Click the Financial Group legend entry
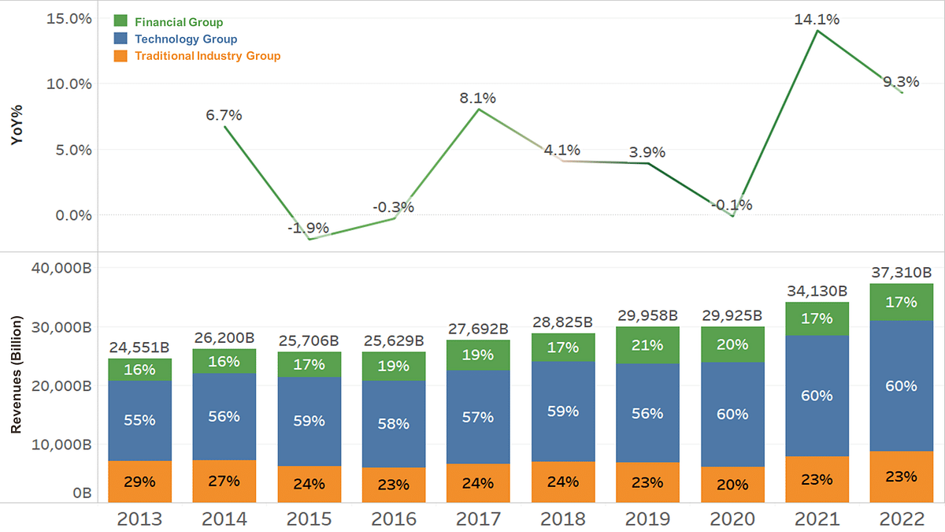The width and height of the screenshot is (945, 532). point(179,22)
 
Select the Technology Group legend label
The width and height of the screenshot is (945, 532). point(186,39)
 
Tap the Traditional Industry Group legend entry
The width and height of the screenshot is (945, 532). point(207,55)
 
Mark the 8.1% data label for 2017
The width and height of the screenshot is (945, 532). point(478,99)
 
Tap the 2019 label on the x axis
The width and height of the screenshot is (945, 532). point(647,519)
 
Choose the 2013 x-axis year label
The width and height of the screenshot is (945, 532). point(139,519)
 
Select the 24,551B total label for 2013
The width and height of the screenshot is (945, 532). point(139,347)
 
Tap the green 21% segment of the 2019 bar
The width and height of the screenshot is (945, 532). point(647,345)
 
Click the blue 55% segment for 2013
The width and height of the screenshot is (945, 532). point(139,420)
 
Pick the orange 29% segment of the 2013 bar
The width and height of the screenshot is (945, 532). point(139,482)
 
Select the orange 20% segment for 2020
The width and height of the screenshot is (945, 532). point(732,485)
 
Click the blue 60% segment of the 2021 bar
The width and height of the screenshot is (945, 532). point(817,396)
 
